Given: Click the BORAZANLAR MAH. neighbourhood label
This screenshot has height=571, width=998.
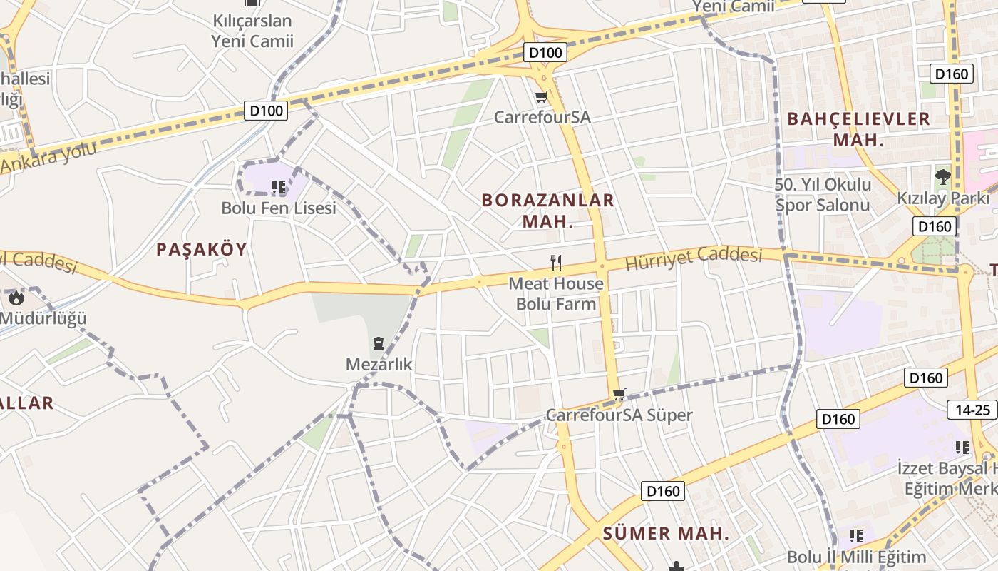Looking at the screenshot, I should [547, 211].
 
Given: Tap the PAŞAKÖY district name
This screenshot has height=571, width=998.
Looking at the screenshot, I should [201, 249].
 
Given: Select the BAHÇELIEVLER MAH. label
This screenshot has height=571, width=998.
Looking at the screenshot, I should [858, 129].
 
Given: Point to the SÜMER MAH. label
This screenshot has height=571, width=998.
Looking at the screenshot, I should [667, 533].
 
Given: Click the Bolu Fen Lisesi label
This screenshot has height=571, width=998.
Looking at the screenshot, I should [278, 208].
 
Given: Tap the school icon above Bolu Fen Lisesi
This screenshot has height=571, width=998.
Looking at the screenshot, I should [279, 188].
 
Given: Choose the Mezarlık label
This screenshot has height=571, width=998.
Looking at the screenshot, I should [379, 365].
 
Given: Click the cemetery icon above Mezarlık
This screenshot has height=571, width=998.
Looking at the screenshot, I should [379, 343].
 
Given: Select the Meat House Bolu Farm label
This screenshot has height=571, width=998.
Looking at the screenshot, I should [556, 293].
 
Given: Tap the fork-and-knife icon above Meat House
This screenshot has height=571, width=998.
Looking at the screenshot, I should [556, 263].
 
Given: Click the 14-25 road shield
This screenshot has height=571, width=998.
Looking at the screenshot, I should [972, 410].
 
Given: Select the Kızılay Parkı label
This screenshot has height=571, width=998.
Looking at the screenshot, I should [943, 198].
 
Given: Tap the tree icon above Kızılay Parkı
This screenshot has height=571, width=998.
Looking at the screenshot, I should [942, 176].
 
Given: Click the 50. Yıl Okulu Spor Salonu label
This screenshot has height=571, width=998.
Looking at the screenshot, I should [823, 195].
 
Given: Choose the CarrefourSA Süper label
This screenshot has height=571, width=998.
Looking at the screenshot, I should [619, 415].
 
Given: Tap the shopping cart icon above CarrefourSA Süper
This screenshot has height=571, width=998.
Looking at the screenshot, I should [619, 394].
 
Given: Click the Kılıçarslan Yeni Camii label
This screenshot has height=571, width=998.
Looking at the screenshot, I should [252, 31].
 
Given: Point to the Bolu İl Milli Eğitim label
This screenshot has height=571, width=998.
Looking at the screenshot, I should [856, 557].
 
